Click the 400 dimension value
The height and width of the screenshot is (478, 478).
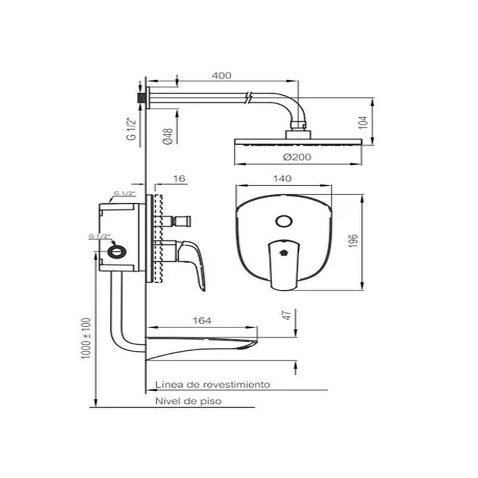(x=222, y=75)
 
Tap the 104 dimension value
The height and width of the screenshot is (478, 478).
(x=363, y=122)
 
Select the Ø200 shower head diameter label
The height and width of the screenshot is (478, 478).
(x=297, y=157)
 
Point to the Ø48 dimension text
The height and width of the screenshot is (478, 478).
(x=167, y=136)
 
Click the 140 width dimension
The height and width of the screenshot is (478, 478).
(x=282, y=178)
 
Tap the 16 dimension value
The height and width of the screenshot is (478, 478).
(x=179, y=178)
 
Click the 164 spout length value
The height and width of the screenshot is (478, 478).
(x=202, y=320)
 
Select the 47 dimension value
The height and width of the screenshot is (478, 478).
(x=287, y=315)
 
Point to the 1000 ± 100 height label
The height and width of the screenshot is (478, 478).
(x=86, y=338)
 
